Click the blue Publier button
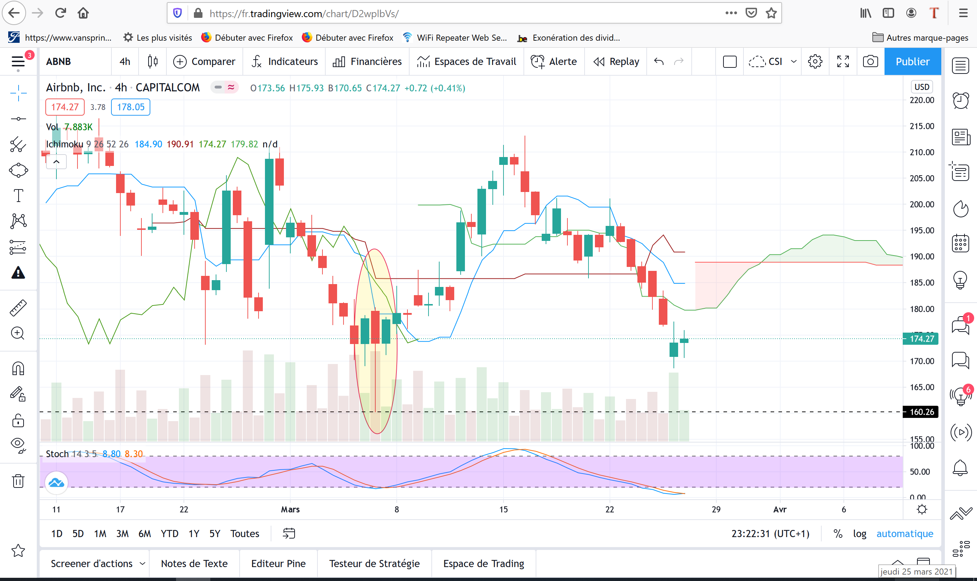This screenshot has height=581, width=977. click(x=912, y=61)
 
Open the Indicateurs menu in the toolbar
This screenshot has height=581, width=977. click(x=285, y=61)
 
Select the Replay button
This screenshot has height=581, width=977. click(x=616, y=61)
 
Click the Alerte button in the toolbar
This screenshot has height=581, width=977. click(x=554, y=61)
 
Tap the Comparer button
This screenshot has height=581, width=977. click(x=205, y=61)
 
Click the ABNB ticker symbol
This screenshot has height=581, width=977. click(x=58, y=61)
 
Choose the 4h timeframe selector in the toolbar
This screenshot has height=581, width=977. click(x=125, y=61)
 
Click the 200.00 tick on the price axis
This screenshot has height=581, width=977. click(x=922, y=204)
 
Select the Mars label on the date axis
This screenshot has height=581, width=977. click(x=290, y=509)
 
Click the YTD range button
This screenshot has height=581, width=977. click(x=170, y=534)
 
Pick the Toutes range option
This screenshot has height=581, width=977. click(x=245, y=534)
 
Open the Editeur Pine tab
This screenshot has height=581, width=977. click(x=279, y=564)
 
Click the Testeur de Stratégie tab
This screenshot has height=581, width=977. click(x=375, y=564)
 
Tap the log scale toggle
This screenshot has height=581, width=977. click(x=860, y=534)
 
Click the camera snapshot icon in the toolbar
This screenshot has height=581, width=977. click(x=871, y=61)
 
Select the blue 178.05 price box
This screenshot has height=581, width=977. click(x=130, y=107)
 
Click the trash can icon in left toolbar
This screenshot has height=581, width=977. click(x=18, y=481)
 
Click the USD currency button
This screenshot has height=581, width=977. click(x=921, y=87)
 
